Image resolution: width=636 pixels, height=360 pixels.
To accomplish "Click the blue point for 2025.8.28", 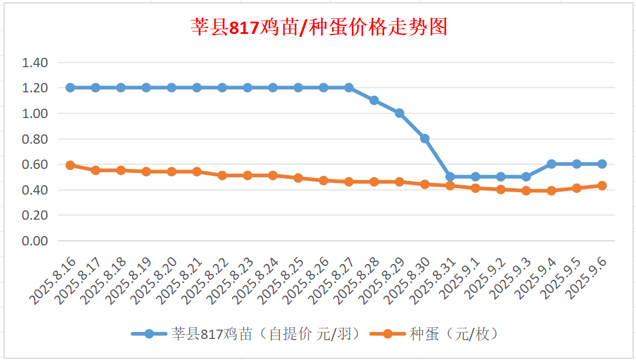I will (374, 101).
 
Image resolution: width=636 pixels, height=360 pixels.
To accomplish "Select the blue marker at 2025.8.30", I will (425, 139).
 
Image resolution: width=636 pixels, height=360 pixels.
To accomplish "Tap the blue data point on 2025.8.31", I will (450, 176).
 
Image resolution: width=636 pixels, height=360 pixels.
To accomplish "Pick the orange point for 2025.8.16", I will (70, 165).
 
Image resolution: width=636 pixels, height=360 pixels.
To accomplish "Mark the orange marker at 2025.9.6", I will (602, 186).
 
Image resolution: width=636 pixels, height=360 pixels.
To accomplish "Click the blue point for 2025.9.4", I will (551, 164).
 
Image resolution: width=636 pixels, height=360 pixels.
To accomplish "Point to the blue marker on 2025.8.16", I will (70, 88).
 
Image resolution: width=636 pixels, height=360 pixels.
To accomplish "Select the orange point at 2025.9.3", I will (526, 191).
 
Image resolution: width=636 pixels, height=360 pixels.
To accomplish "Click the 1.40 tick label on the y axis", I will (35, 63).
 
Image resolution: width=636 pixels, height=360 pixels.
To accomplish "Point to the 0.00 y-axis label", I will (35, 241).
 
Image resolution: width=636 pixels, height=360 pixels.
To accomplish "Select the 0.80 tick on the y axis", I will (35, 139).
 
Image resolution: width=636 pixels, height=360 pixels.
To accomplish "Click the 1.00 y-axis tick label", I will (35, 113).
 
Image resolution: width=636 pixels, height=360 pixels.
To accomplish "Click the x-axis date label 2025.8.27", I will (333, 281).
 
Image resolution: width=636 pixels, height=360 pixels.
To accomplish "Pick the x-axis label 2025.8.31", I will (434, 281).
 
